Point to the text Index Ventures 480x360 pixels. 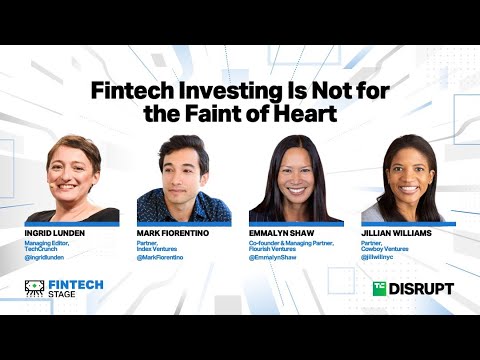pos(161,249)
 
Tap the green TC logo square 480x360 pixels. pos(379,288)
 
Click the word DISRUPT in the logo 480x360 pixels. pos(421,288)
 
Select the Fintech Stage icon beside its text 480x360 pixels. pos(33,288)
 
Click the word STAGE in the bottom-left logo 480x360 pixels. pos(65,295)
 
